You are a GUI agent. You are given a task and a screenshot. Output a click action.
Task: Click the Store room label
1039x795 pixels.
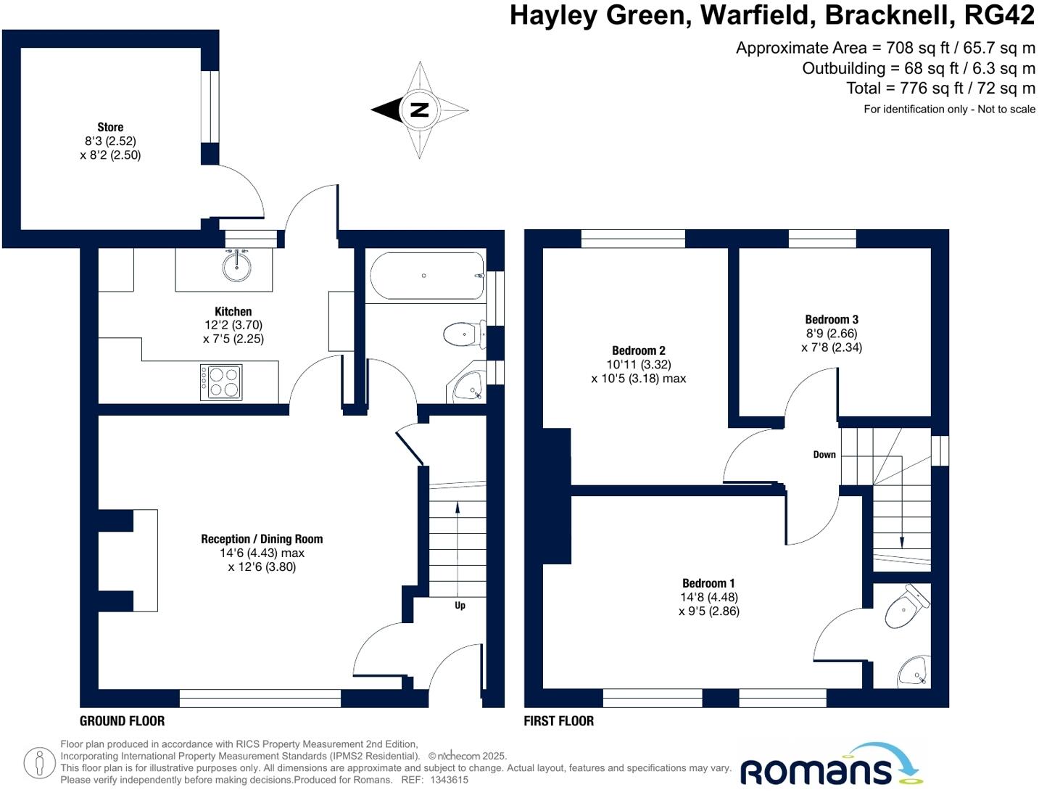pos(110,127)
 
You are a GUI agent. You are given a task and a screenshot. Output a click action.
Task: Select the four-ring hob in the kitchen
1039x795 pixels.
pos(221,382)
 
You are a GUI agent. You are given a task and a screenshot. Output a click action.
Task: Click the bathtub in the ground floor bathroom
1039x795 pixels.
pos(426,276)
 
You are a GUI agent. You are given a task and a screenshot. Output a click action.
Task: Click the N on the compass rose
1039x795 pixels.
pos(419,110)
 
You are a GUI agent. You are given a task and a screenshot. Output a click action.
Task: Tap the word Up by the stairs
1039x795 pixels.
pos(460,605)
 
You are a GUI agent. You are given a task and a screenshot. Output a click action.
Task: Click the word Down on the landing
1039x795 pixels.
pos(824,455)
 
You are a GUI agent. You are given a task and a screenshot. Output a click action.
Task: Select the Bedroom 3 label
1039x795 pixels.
pos(832,319)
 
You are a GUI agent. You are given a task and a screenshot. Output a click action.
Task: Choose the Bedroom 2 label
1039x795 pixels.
pos(638,350)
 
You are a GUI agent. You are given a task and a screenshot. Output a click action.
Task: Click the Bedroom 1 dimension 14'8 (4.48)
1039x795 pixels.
pos(709,597)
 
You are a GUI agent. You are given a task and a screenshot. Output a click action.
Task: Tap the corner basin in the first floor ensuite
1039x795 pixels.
pos(913,672)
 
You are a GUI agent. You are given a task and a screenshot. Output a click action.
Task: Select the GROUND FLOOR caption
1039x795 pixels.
pos(122,721)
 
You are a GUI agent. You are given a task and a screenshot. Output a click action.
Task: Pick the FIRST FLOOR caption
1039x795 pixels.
pos(558,721)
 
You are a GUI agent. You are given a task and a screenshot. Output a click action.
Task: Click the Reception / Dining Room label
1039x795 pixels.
pos(262,539)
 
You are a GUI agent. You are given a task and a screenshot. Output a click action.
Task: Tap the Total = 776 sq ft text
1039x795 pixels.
pos(940,88)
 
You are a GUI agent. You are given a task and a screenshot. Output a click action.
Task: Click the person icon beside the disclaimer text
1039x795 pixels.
pos(39,763)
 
